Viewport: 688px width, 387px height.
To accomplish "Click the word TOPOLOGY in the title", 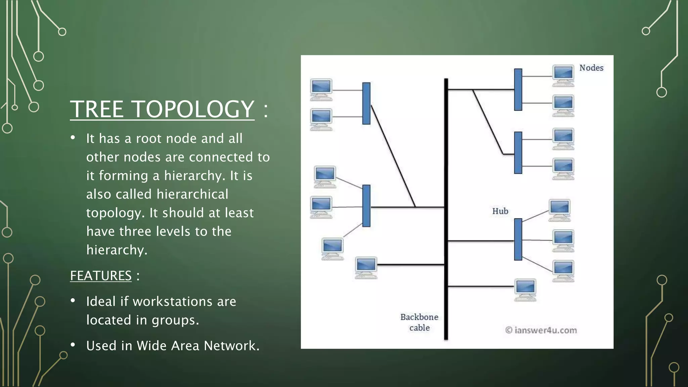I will (x=194, y=109).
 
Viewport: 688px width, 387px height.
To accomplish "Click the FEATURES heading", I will (x=101, y=276).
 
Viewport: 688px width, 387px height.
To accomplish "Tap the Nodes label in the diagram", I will (x=591, y=68).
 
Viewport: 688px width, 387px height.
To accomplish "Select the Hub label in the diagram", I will (x=500, y=211).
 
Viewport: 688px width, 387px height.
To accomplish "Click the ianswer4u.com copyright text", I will (x=541, y=330).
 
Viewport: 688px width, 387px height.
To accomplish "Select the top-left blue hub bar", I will (x=367, y=103).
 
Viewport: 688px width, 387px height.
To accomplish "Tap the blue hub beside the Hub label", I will (x=518, y=239).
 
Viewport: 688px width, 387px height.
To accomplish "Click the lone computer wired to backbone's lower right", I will (x=525, y=289).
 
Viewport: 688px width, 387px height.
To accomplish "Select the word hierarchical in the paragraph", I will (x=192, y=194).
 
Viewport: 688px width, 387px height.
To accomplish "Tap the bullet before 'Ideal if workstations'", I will (x=73, y=301).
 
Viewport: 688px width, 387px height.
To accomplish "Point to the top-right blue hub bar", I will (x=518, y=89).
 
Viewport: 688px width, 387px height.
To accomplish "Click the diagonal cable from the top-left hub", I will (x=393, y=156).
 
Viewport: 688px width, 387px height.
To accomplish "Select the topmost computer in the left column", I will (x=321, y=89).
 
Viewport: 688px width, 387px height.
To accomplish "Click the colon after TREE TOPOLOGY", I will (x=266, y=110).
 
